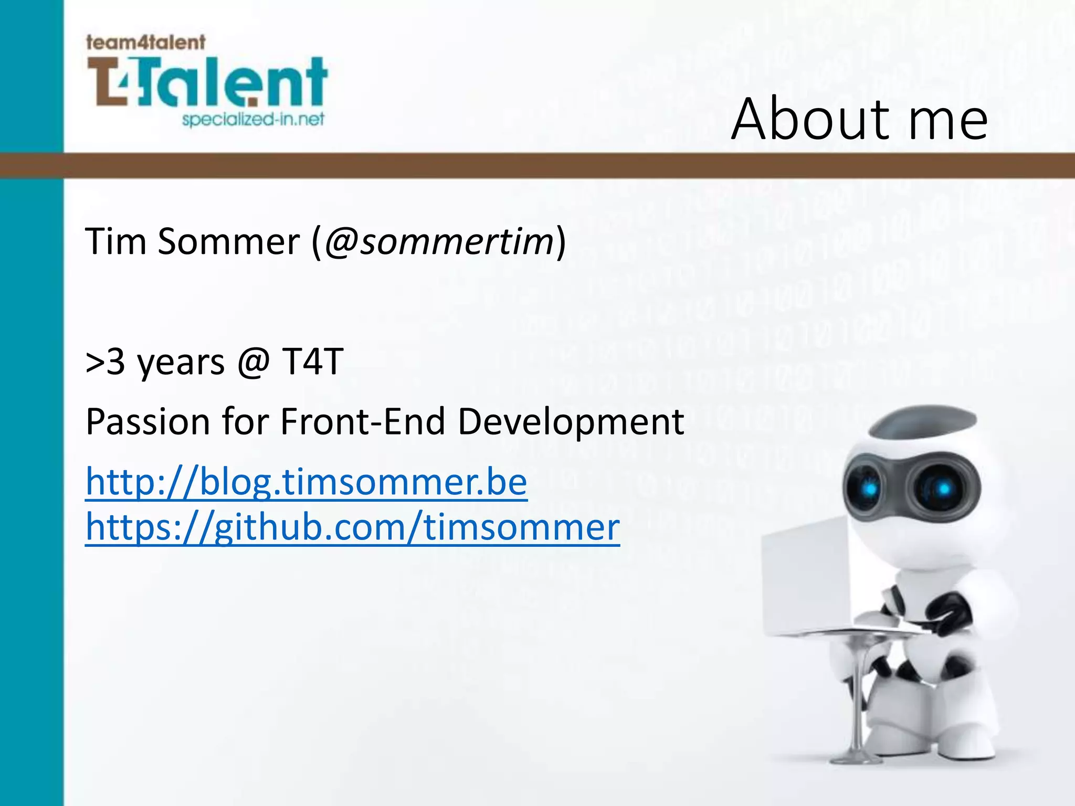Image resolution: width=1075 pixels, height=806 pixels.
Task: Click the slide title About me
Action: (859, 120)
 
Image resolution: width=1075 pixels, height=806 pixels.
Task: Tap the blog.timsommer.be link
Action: (306, 482)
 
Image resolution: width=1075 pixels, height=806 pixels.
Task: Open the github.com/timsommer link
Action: (352, 527)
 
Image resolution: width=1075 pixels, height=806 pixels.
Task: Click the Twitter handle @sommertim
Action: (439, 242)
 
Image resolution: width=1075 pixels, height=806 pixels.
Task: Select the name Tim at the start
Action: (115, 242)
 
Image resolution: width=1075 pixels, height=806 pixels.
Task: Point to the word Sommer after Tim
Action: (228, 242)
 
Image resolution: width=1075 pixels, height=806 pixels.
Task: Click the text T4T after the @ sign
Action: (312, 362)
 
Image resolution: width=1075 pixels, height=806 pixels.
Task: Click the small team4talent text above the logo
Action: (145, 42)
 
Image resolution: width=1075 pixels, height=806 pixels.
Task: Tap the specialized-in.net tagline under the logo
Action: (253, 120)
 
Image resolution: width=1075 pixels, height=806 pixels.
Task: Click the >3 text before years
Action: (105, 362)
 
